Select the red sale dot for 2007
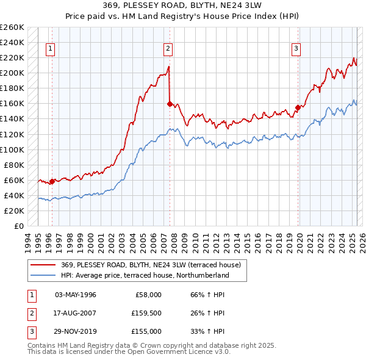[170, 104]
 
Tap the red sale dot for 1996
[52, 181]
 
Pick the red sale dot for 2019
[298, 107]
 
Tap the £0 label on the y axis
[18, 226]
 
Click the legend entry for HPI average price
[145, 275]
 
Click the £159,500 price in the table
[146, 314]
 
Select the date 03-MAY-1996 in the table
[76, 295]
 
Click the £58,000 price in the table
[148, 295]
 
